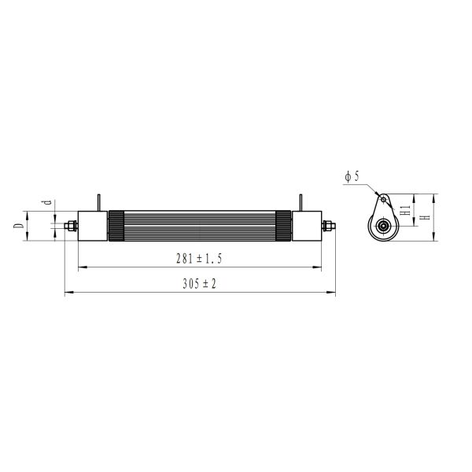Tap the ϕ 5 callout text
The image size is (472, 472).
click(x=352, y=178)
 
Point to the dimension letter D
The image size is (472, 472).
click(x=17, y=226)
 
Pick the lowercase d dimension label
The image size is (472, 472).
click(x=46, y=204)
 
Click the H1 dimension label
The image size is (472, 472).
click(x=404, y=208)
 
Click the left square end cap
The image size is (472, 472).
click(x=92, y=227)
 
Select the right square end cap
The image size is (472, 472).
click(x=306, y=227)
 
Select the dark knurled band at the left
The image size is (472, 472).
click(x=116, y=227)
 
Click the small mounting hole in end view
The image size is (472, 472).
click(x=384, y=200)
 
